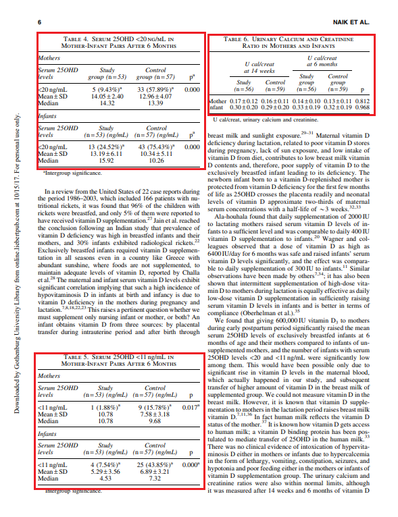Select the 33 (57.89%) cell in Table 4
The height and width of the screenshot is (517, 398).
(156, 88)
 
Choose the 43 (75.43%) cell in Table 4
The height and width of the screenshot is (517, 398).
(156, 146)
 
